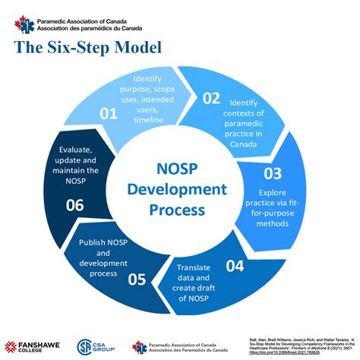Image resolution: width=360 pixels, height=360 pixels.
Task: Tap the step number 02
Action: pyautogui.click(x=211, y=98)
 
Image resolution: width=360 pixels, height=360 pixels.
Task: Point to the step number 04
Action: pyautogui.click(x=236, y=265)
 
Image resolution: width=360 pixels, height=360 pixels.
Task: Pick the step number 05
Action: pyautogui.click(x=137, y=279)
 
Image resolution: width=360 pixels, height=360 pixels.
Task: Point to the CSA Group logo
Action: pyautogui.click(x=96, y=346)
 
